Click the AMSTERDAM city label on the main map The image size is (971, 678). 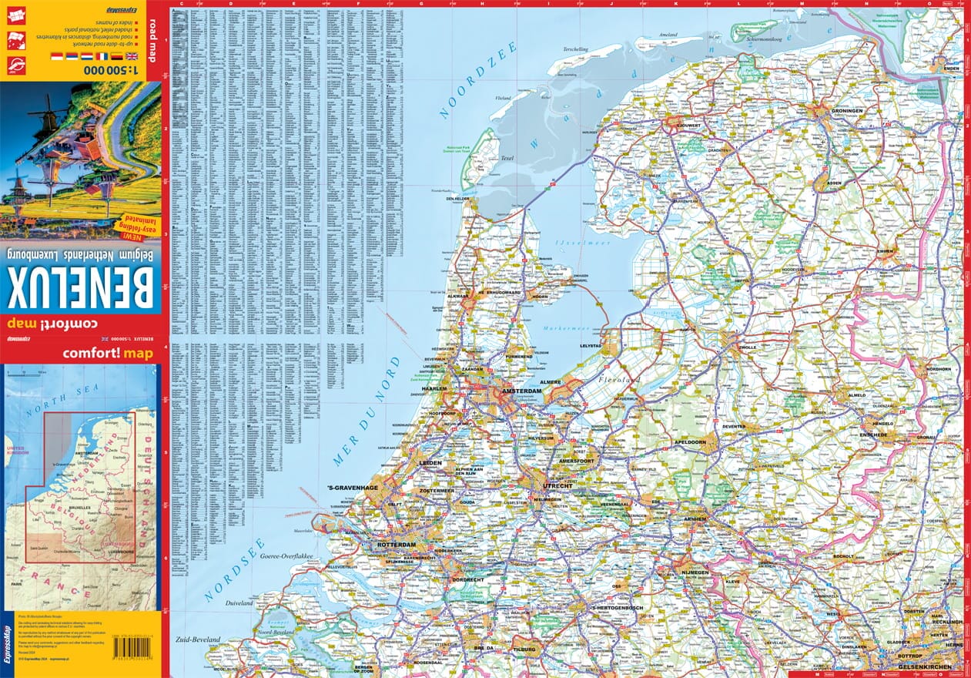(x=521, y=391)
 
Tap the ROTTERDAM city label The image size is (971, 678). (x=396, y=545)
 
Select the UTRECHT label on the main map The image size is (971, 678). (x=557, y=486)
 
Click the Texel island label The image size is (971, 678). (x=507, y=159)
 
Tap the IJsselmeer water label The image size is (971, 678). (x=590, y=243)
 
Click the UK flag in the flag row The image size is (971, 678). (x=132, y=56)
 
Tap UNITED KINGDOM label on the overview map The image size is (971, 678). (x=16, y=450)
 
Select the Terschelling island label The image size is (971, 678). (x=574, y=50)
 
